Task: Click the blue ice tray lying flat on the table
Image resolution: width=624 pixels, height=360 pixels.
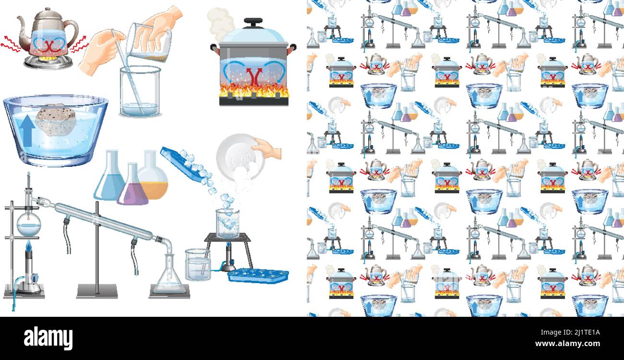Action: (258, 276)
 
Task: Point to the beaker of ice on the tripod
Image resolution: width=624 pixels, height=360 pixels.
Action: (228, 223)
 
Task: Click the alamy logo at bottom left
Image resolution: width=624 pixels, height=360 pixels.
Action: (48, 337)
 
